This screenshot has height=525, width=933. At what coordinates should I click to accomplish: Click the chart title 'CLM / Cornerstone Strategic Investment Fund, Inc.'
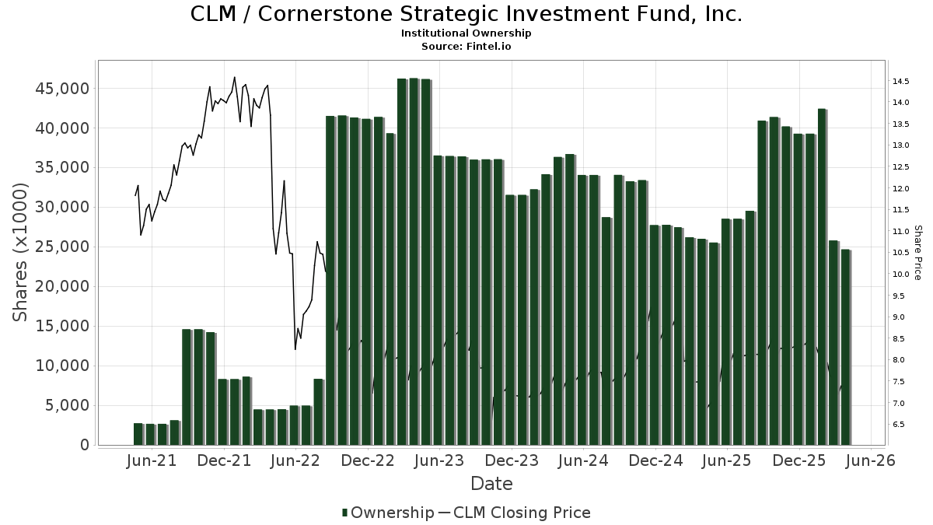click(466, 14)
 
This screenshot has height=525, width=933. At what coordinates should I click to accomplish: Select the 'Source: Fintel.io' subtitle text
click(466, 46)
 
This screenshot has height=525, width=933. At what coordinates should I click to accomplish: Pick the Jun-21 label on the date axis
click(152, 460)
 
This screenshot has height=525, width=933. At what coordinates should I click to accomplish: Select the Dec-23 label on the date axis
click(512, 460)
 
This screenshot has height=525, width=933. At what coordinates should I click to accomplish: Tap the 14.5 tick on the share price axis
click(901, 82)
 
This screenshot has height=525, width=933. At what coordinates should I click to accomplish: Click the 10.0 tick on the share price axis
click(901, 275)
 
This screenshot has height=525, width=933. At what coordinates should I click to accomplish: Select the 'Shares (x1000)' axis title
click(20, 252)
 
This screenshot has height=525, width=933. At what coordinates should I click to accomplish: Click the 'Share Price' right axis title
click(917, 252)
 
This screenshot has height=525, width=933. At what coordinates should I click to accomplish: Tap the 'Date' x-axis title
click(491, 484)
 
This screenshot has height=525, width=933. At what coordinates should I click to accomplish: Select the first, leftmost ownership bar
click(138, 434)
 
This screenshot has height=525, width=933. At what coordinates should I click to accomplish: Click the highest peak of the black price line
click(235, 77)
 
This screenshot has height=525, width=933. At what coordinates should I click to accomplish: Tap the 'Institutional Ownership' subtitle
click(466, 33)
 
